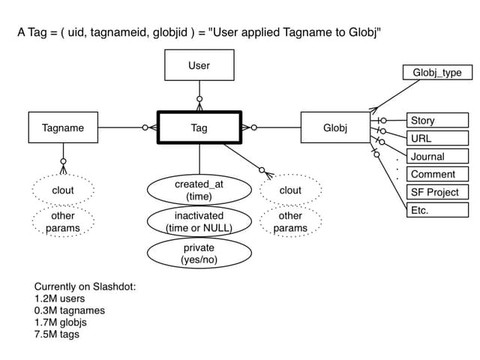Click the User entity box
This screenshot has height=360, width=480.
(199, 66)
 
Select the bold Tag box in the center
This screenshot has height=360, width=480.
(199, 128)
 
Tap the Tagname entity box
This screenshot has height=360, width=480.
(63, 128)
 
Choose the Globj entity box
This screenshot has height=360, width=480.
(335, 128)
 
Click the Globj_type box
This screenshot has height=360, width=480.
(436, 73)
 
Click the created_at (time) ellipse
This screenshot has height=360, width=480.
(199, 190)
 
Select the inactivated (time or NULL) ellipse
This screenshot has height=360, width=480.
(199, 222)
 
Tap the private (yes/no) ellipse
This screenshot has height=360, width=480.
(199, 253)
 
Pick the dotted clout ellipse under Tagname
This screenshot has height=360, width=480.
(63, 190)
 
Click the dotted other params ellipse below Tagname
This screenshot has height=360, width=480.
(63, 222)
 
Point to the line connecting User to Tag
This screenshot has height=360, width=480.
(199, 94)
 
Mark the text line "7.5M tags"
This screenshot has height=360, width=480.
(56, 334)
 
